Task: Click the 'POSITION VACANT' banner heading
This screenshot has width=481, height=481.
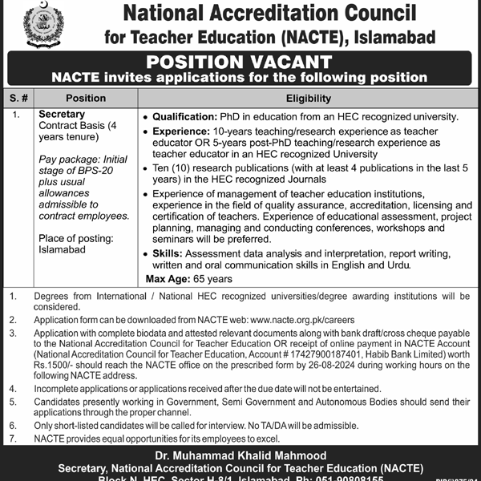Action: pyautogui.click(x=240, y=62)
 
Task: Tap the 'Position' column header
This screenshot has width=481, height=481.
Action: pyautogui.click(x=86, y=99)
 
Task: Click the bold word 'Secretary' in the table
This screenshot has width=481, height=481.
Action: pyautogui.click(x=62, y=115)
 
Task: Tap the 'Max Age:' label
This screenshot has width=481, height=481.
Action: pyautogui.click(x=168, y=278)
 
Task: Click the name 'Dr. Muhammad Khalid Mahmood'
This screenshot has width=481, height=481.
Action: pyautogui.click(x=240, y=455)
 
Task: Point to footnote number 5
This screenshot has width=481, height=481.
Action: pyautogui.click(x=12, y=398)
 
